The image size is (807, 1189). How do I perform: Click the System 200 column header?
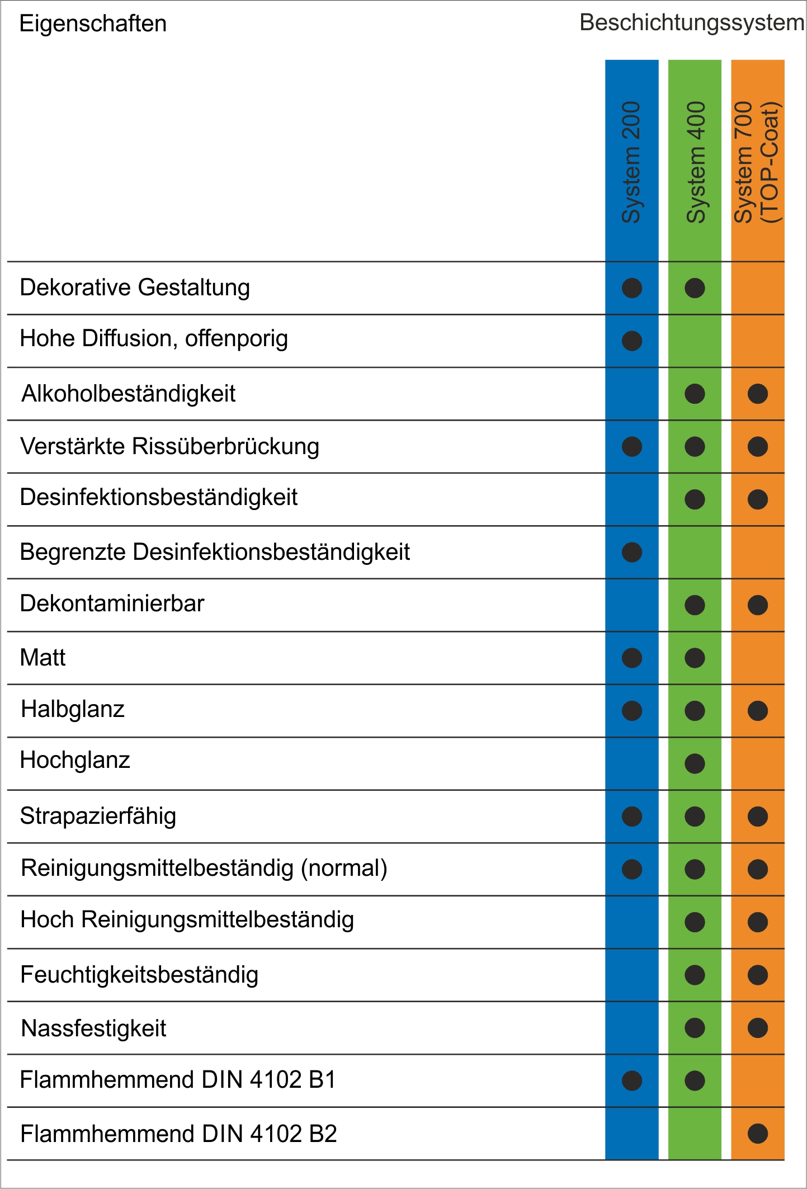(631, 162)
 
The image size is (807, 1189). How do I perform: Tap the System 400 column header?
(695, 162)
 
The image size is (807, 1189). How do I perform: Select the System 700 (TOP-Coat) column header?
(757, 162)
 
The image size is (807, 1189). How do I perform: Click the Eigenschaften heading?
(93, 24)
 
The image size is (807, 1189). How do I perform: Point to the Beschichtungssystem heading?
(692, 23)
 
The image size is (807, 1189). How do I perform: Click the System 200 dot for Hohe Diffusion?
(632, 341)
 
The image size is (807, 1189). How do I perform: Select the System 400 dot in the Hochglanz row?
(695, 763)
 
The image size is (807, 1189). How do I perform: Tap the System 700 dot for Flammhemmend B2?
(758, 1134)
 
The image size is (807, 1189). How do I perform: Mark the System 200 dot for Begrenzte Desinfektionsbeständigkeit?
(632, 552)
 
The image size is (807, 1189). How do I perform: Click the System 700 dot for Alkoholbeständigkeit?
(758, 394)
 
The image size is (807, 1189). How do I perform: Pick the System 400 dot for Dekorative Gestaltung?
(695, 288)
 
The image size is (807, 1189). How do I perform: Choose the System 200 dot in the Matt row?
(632, 658)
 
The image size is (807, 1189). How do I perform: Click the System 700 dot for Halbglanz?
(758, 711)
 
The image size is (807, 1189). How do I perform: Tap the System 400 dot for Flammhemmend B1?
(695, 1081)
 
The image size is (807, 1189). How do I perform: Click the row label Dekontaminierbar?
(112, 603)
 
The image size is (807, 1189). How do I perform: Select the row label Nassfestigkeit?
(93, 1028)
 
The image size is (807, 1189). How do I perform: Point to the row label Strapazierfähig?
(98, 816)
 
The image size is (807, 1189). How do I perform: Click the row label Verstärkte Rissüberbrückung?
(169, 446)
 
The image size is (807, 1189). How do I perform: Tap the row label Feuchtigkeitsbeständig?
(139, 975)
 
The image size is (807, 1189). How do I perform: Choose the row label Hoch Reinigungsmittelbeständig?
(187, 920)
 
